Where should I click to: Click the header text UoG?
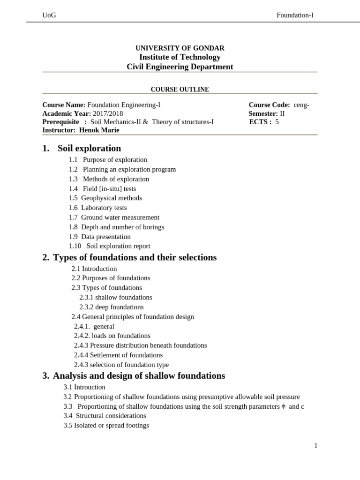click(49, 15)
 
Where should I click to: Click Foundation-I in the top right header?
click(295, 15)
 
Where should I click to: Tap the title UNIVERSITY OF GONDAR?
click(180, 48)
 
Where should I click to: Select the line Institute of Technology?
click(180, 57)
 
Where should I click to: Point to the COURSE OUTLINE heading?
click(180, 90)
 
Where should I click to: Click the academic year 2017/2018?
click(107, 113)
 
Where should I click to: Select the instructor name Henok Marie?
click(99, 130)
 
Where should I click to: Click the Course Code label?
click(269, 105)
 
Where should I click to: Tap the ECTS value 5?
click(277, 122)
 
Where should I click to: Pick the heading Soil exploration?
click(89, 149)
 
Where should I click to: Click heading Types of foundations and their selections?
click(135, 257)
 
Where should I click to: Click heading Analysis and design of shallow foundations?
click(139, 376)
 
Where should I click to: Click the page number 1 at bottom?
click(316, 446)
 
